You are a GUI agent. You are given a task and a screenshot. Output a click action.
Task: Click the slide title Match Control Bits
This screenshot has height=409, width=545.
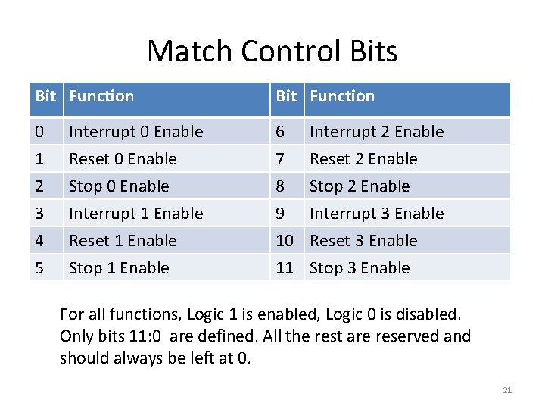click(272, 52)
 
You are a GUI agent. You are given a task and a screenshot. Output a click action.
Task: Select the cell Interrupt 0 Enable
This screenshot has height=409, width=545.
click(136, 132)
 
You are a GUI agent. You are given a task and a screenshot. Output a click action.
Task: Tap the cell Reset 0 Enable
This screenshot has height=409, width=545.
click(123, 159)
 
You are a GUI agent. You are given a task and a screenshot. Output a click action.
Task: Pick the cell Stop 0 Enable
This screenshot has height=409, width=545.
click(119, 186)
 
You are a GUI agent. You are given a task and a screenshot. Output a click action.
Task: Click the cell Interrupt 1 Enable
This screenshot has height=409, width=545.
click(136, 214)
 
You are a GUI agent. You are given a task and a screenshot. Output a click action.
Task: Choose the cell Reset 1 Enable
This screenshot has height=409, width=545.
click(123, 241)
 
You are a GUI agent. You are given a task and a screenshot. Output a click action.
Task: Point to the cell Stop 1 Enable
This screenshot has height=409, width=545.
click(119, 268)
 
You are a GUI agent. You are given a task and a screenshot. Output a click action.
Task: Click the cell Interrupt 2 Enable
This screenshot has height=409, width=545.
click(376, 132)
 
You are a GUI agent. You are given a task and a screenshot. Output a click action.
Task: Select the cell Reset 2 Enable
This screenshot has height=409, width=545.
click(363, 159)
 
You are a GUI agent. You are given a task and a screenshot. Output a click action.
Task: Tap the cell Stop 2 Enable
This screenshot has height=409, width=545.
click(360, 186)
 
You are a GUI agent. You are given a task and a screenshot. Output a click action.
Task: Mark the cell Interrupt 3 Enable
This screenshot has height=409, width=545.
click(376, 214)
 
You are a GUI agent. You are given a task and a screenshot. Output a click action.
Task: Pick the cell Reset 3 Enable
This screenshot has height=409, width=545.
click(363, 241)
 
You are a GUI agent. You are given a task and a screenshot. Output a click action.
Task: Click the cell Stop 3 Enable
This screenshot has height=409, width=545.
click(360, 268)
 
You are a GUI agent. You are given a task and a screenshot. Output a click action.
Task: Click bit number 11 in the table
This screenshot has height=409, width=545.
click(285, 268)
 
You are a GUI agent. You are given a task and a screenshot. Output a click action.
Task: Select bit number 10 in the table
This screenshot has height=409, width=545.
click(285, 241)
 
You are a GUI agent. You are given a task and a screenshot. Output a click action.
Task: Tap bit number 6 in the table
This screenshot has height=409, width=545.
click(280, 132)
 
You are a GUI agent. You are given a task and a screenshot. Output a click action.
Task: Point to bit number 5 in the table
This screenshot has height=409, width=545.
click(39, 268)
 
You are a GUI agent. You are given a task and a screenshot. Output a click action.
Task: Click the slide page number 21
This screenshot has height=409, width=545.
click(507, 390)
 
